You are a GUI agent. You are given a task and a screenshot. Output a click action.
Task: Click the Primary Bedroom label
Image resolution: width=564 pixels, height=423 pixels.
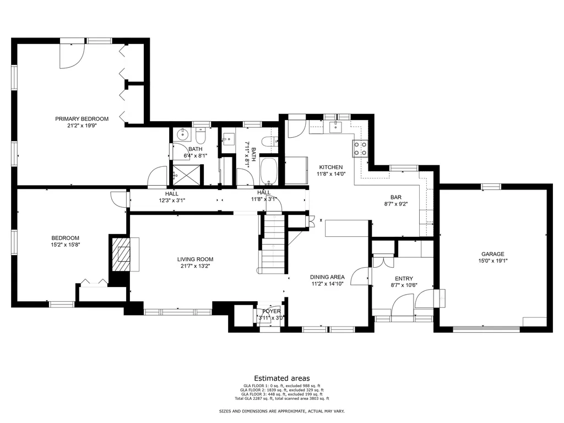(82, 119)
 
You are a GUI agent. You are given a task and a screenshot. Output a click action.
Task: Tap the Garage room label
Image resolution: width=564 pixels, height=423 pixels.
(493, 254)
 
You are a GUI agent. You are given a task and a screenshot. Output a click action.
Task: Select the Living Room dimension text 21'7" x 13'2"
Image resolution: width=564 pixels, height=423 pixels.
(195, 266)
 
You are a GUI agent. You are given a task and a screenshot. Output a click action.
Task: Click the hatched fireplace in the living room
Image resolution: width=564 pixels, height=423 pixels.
(122, 254)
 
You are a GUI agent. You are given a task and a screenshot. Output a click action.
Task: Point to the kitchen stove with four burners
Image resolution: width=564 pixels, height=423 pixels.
(360, 149)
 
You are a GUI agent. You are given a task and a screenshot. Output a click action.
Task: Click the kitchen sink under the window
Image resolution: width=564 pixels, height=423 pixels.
(335, 127)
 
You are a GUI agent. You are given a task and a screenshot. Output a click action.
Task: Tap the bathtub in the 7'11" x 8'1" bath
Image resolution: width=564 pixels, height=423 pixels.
(268, 171)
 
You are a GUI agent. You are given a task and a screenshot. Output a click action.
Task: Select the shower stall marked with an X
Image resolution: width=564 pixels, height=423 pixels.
(186, 175)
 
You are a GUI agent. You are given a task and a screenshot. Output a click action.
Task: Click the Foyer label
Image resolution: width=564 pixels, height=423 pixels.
(271, 311)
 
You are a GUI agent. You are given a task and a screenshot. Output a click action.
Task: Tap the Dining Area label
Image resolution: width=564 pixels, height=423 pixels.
(327, 277)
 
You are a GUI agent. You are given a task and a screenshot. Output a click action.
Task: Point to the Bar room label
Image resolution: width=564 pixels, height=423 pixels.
(395, 197)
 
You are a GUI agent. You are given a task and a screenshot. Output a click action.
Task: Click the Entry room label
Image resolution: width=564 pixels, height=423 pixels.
(404, 278)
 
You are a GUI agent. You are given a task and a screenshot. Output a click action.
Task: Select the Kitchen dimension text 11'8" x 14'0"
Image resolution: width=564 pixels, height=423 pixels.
(331, 173)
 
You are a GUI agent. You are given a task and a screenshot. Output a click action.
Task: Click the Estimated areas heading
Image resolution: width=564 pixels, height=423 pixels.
(282, 378)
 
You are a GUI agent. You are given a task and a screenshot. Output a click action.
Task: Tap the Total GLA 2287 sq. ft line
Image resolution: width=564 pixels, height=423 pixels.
(282, 399)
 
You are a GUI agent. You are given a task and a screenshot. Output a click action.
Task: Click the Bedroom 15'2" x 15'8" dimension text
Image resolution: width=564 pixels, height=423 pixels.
(65, 245)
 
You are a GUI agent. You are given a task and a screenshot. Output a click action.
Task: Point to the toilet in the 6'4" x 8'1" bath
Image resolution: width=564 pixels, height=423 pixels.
(200, 135)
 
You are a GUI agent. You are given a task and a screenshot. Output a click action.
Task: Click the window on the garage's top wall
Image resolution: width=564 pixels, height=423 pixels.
(491, 186)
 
